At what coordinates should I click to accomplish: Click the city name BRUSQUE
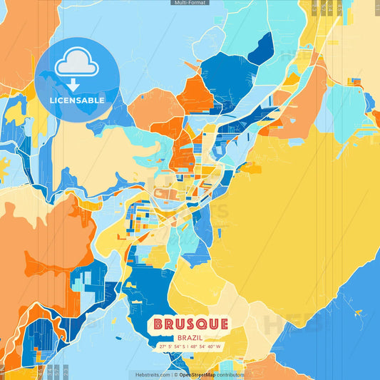point(190,325)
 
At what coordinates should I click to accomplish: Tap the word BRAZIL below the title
point(190,337)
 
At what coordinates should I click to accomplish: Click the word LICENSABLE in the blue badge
point(77,101)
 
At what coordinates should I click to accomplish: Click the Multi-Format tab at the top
point(190,3)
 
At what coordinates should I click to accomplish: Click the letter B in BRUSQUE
point(158,325)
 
